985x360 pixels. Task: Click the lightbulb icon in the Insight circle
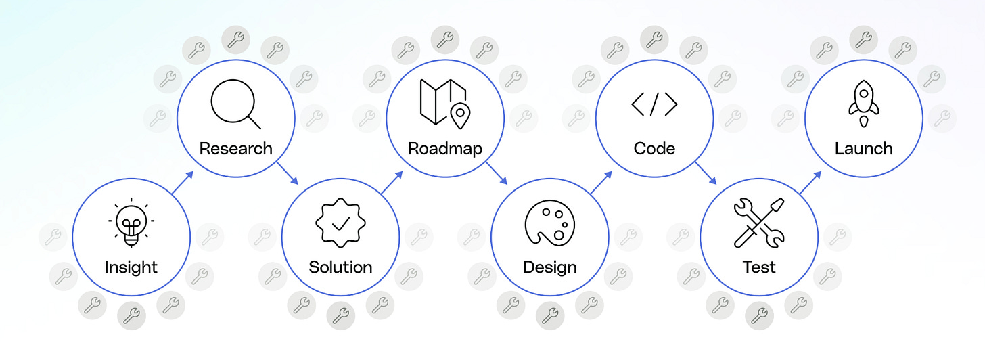(131, 221)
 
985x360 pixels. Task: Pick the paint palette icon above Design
(549, 223)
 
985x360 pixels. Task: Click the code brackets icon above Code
(654, 104)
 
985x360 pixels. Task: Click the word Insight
(131, 267)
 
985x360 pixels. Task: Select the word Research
(235, 148)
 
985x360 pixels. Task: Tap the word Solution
(340, 267)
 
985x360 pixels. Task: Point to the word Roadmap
(444, 148)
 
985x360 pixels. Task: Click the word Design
(549, 267)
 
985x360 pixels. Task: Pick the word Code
(654, 148)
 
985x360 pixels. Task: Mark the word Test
(758, 267)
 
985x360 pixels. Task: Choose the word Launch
(863, 148)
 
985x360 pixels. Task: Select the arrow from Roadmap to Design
(497, 173)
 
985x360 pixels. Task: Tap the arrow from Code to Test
(706, 173)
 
